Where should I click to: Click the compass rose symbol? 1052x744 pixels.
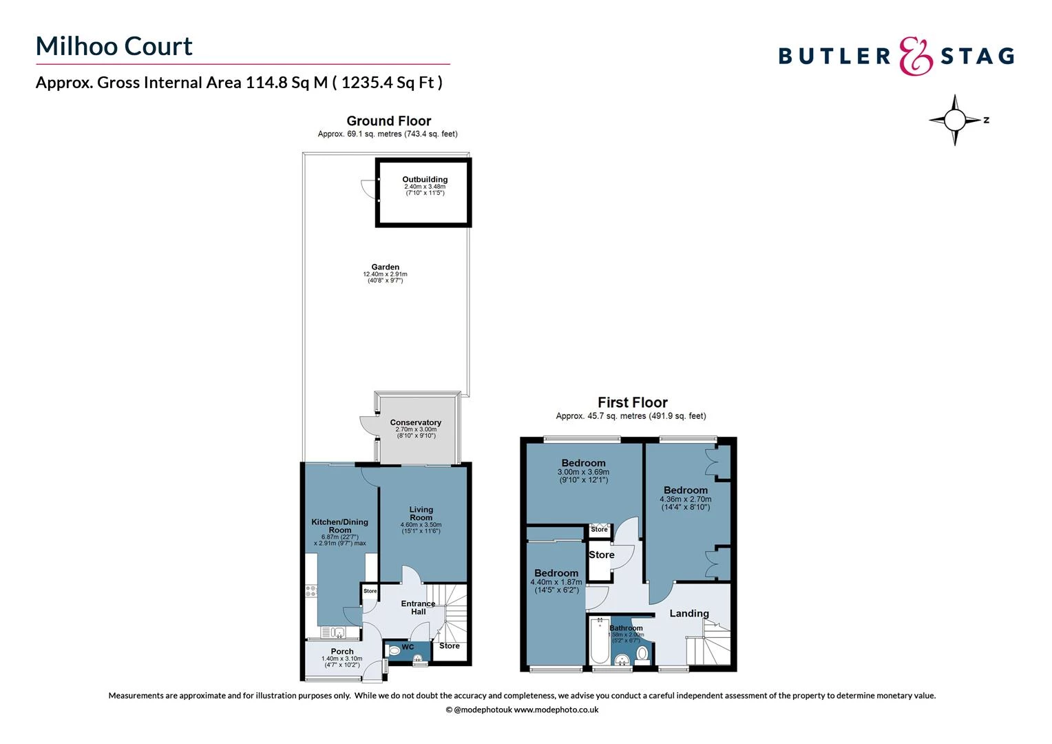pos(954,120)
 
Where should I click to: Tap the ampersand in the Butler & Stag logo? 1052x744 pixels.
pos(916,56)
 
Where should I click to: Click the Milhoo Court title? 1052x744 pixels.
pos(114,46)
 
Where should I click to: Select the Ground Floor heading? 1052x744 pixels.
pos(388,121)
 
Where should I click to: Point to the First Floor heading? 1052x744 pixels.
pos(632,402)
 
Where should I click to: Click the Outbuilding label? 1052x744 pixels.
pos(425,179)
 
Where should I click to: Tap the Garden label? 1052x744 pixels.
pos(385,267)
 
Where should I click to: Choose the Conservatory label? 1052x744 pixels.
pos(415,422)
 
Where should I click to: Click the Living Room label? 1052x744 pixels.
pos(421,513)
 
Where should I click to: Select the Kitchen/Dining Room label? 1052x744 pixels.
pos(339,526)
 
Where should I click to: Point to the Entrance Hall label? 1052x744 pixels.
pos(418,608)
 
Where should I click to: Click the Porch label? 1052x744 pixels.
pos(342,651)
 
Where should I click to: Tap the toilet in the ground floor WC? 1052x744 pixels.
pos(394,649)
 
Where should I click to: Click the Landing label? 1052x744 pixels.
pos(689,613)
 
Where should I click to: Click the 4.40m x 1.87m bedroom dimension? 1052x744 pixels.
pos(556,583)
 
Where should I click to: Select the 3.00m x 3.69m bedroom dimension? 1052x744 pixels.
pos(583,473)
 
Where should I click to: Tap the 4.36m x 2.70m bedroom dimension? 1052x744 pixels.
pos(685,499)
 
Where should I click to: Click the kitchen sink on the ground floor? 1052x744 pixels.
pos(333,631)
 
